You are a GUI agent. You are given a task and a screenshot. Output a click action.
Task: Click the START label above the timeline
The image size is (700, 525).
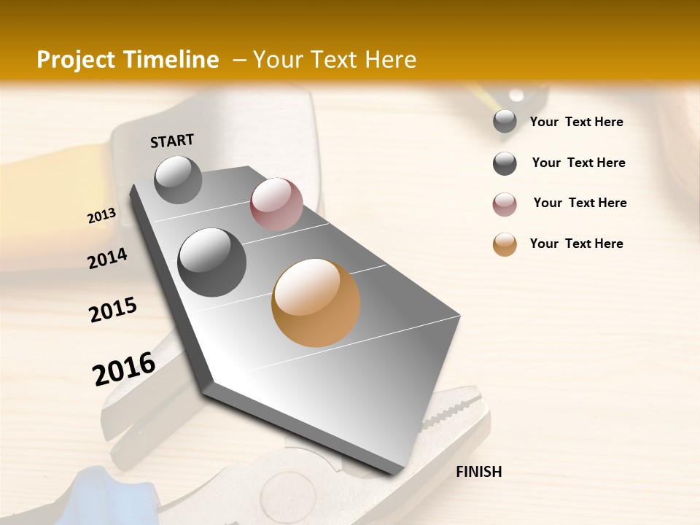(x=172, y=141)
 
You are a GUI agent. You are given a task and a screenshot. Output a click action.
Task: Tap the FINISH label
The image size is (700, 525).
(x=478, y=472)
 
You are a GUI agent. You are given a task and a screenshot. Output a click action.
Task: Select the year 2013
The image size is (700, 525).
(x=102, y=216)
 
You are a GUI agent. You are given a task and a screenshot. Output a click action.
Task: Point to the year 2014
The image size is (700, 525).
(x=107, y=258)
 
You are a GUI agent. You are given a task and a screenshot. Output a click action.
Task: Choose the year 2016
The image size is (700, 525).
(x=124, y=368)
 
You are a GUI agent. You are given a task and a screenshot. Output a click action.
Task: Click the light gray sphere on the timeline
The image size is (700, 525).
(x=179, y=179)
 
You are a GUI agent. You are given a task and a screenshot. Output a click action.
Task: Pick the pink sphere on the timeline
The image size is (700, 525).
(x=276, y=204)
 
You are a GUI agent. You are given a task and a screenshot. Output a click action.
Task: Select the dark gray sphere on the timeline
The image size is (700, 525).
(x=212, y=262)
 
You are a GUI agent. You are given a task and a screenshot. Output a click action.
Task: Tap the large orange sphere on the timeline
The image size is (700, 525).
(x=316, y=303)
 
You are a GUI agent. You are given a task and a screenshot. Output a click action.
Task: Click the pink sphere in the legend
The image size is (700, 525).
(x=505, y=204)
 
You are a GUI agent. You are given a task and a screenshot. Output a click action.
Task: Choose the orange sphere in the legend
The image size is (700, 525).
(x=505, y=244)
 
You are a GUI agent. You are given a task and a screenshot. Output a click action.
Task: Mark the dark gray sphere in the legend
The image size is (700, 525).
(x=505, y=163)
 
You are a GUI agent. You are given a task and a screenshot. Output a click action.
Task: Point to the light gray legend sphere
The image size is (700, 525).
(x=505, y=122)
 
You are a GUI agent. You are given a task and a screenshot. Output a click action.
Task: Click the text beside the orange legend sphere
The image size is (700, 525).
(x=576, y=244)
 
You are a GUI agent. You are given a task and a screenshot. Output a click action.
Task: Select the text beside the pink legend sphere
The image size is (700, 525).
(x=580, y=203)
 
